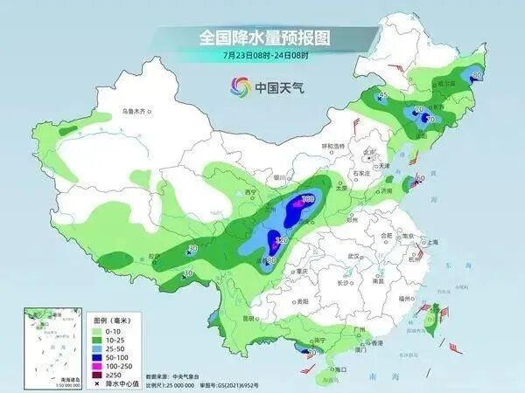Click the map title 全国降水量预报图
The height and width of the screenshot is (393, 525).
tap(262, 38)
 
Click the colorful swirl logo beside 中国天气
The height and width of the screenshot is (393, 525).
tap(240, 86)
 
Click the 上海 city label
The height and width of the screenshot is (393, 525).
tap(430, 242)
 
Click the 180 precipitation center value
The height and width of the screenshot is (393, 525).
tap(307, 200)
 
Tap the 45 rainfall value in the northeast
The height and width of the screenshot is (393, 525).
tap(382, 95)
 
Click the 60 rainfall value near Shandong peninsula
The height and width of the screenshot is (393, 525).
tap(420, 178)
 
